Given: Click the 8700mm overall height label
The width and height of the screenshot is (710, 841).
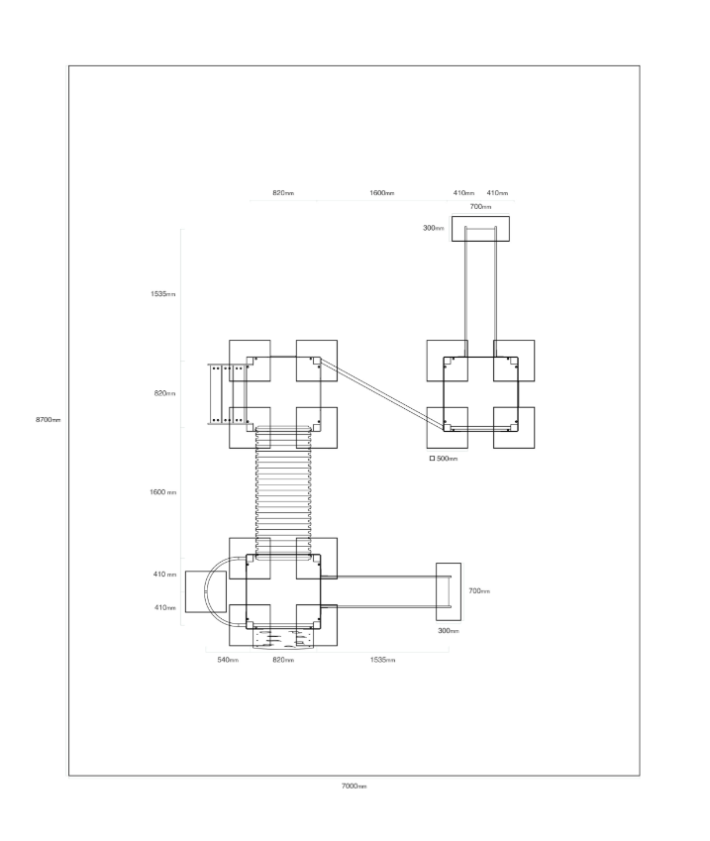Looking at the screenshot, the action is tap(49, 419).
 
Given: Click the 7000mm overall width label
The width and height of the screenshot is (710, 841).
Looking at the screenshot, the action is tap(354, 787).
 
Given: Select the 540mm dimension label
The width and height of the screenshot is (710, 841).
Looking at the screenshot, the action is tap(228, 660).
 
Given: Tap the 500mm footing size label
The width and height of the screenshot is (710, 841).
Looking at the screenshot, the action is tap(448, 459).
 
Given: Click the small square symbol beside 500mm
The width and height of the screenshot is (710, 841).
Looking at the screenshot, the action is tap(432, 458).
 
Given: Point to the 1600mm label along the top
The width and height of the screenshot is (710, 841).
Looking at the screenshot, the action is tap(382, 193).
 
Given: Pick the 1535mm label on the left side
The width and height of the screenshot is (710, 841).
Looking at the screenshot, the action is tap(163, 294).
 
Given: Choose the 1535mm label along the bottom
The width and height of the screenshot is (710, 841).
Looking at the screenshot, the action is tap(382, 660).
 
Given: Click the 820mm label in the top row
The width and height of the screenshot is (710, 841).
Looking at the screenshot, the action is tap(283, 193).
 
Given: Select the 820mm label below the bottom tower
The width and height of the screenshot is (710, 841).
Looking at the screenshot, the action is tap(283, 660).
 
